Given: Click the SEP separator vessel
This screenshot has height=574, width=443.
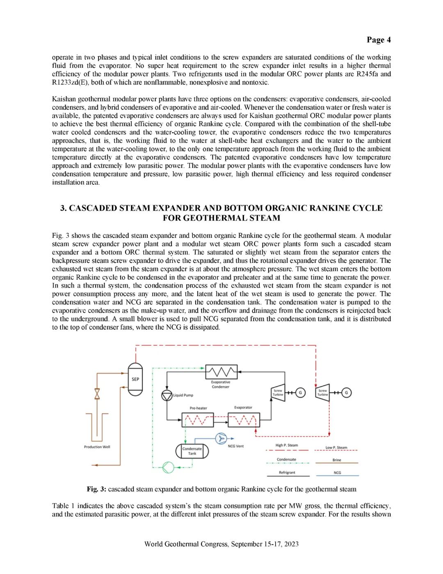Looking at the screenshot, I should click(x=135, y=379).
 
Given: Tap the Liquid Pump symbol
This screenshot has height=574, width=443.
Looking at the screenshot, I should click(x=167, y=395).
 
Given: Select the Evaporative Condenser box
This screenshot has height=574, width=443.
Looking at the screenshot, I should click(x=221, y=372).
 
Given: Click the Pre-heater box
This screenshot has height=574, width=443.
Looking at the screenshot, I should click(x=198, y=420).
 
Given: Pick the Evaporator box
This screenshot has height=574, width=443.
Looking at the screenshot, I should click(x=244, y=420).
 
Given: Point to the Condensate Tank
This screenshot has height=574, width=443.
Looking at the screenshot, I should click(x=192, y=451).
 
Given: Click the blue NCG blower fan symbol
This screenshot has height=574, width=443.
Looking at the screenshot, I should click(x=221, y=439).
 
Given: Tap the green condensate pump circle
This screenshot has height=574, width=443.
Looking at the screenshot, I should click(x=168, y=467).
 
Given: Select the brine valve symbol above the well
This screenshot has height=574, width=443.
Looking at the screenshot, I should click(x=97, y=394).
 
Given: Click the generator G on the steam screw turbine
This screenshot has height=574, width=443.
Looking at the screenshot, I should click(x=346, y=393).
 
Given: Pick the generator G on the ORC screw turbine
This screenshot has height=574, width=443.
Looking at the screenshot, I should click(x=300, y=393).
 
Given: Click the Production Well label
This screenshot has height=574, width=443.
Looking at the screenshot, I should click(x=97, y=447).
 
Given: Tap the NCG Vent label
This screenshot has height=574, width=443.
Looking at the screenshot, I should click(x=236, y=446).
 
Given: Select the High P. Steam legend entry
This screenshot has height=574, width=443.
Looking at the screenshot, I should click(x=287, y=445).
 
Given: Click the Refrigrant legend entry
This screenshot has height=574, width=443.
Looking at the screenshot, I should click(x=287, y=473).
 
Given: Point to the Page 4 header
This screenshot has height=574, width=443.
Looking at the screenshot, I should click(x=379, y=40).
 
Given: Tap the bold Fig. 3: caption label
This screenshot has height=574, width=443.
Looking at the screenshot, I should click(x=96, y=489).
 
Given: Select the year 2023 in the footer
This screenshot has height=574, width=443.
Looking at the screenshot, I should click(x=291, y=544).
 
